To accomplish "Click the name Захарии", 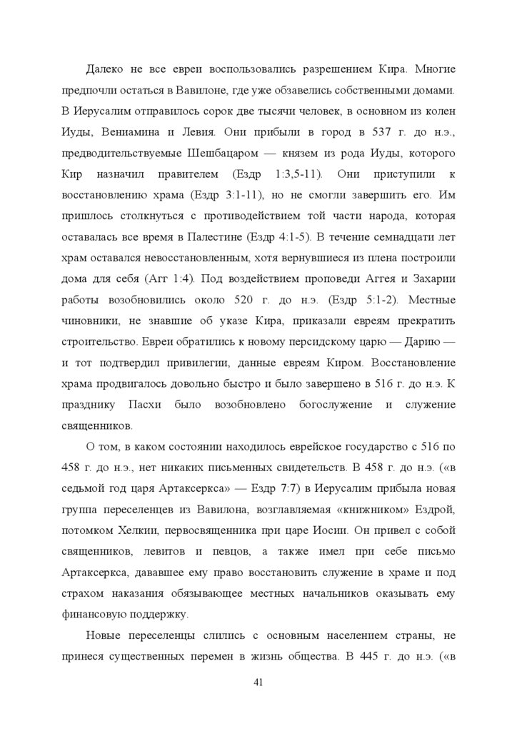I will pos(427,277).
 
